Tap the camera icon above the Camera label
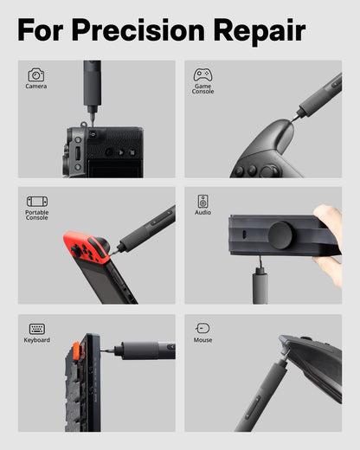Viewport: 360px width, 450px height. (35, 75)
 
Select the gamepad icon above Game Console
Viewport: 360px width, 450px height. (202, 75)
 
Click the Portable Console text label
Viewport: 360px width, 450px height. (37, 215)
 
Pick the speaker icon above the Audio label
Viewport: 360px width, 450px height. (202, 201)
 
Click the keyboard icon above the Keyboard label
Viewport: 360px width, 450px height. (36, 329)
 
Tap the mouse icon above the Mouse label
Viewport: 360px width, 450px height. (202, 329)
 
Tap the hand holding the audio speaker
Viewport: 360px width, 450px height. (330, 247)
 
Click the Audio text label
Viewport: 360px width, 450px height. (202, 212)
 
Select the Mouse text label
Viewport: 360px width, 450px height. (202, 340)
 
